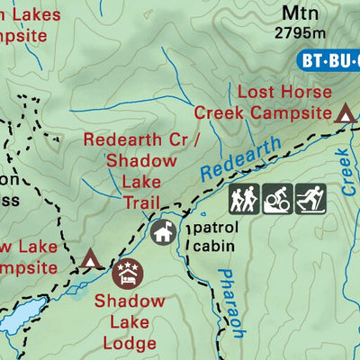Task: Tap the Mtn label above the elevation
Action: click(x=300, y=13)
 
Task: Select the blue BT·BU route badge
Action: click(x=328, y=61)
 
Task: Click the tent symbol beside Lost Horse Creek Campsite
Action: click(x=345, y=113)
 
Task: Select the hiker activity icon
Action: click(x=244, y=199)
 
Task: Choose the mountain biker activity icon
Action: click(x=276, y=199)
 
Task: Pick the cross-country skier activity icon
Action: click(x=310, y=199)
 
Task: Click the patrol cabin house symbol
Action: click(x=163, y=232)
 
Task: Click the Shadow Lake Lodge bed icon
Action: click(x=128, y=271)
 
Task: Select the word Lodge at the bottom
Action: click(x=130, y=343)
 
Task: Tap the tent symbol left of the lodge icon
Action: click(x=90, y=260)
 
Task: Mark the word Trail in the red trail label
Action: click(x=142, y=202)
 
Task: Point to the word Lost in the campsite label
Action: click(x=256, y=93)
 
